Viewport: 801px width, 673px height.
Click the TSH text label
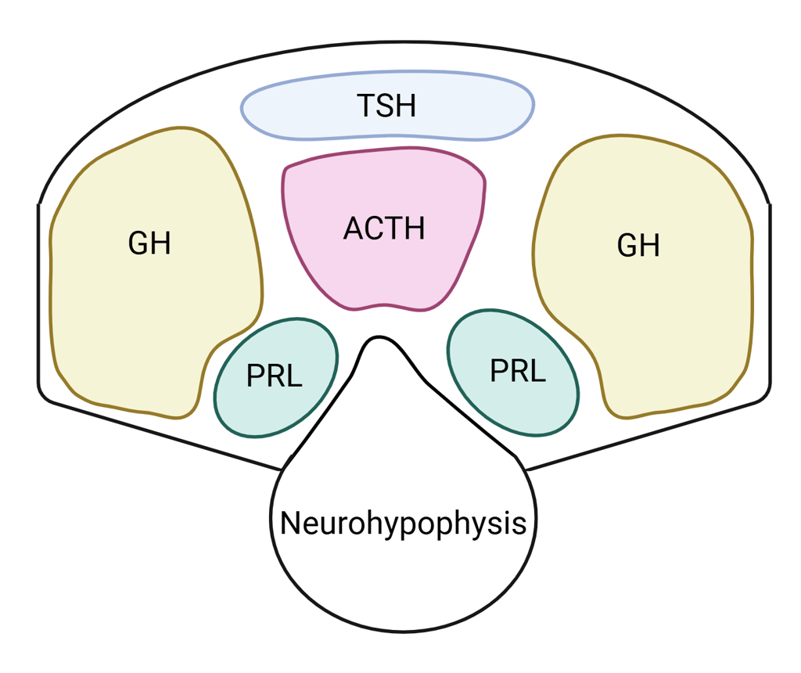[x=386, y=106]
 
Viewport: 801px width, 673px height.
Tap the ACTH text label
[x=384, y=229]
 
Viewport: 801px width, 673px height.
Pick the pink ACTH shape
[x=383, y=274]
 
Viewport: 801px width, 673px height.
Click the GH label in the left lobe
[x=149, y=243]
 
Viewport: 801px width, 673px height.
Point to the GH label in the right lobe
[x=638, y=246]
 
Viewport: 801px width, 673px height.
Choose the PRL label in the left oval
[x=274, y=376]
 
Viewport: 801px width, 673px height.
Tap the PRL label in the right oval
[x=518, y=371]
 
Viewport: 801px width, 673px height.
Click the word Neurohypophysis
[x=404, y=523]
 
